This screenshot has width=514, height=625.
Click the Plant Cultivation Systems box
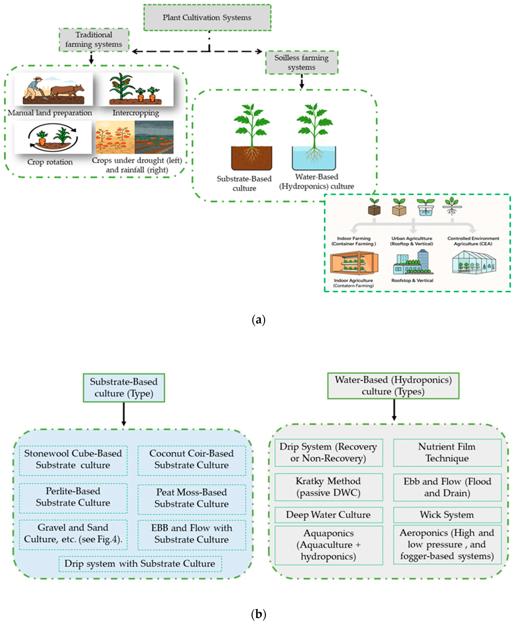click(207, 17)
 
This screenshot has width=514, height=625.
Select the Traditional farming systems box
click(94, 40)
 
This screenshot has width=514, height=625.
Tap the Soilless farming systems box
click(301, 62)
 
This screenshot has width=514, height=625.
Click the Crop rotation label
click(50, 162)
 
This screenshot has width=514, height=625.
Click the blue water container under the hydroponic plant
click(314, 158)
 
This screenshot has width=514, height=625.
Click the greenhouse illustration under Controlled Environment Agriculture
click(474, 262)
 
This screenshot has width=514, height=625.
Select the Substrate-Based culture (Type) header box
click(124, 387)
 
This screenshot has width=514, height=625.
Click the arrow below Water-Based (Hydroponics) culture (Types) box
click(394, 410)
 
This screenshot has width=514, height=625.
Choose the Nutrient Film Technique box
click(447, 453)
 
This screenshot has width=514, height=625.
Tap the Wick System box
click(447, 515)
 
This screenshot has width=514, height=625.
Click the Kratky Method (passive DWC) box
click(328, 487)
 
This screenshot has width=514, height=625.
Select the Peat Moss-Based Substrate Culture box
click(192, 498)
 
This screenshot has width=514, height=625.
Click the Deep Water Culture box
click(328, 515)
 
